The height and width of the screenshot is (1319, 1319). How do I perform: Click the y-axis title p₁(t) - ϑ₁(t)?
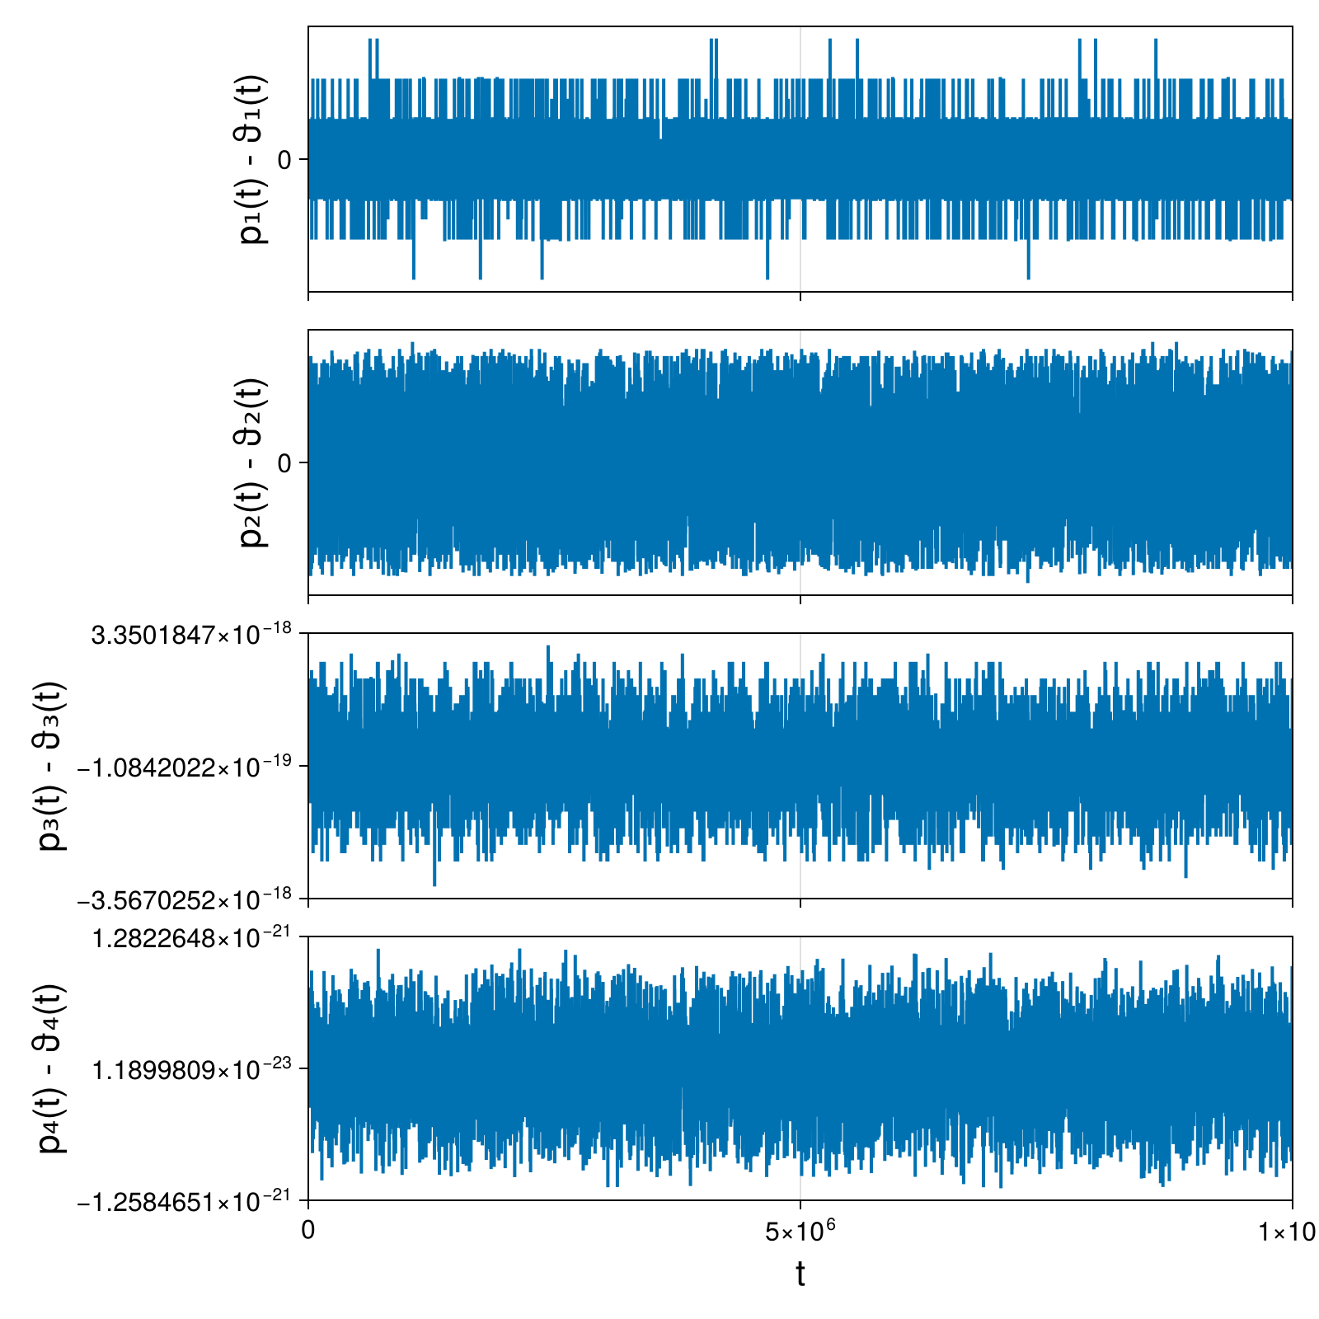(x=252, y=159)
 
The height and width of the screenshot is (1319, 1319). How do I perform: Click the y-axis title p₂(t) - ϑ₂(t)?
(x=252, y=462)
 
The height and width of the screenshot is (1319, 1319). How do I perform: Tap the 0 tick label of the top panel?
(x=285, y=160)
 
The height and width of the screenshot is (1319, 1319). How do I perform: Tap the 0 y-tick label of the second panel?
(x=285, y=463)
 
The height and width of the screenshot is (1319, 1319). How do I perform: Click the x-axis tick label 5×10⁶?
(x=800, y=1232)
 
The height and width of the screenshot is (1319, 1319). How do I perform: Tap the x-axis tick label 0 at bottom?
(x=308, y=1231)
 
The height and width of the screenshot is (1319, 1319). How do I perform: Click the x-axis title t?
(x=800, y=1274)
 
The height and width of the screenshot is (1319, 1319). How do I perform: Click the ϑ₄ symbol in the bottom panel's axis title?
(x=52, y=1035)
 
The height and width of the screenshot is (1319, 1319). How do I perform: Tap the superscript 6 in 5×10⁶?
(x=831, y=1226)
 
